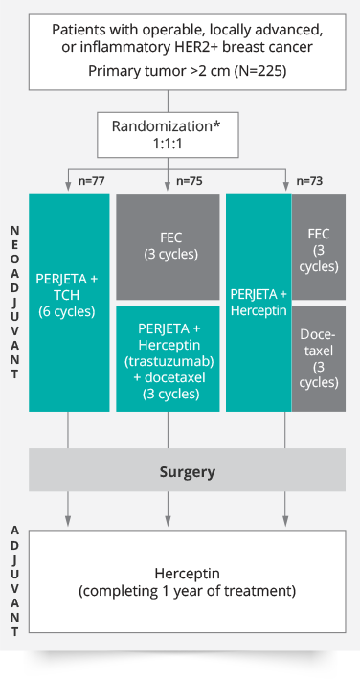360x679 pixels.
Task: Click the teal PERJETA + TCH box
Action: tap(67, 303)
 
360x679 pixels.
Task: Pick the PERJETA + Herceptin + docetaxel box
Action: tap(168, 359)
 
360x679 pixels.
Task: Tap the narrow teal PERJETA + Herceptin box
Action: tap(258, 303)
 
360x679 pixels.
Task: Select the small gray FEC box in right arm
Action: tap(318, 246)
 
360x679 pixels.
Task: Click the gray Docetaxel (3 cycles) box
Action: tap(318, 359)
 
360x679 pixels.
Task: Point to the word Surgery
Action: tap(187, 471)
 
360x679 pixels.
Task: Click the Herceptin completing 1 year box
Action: tap(187, 581)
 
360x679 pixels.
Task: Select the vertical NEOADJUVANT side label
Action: tap(13, 303)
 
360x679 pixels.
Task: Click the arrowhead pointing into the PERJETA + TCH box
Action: tap(67, 188)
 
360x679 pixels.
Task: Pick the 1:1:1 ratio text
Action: tap(168, 145)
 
